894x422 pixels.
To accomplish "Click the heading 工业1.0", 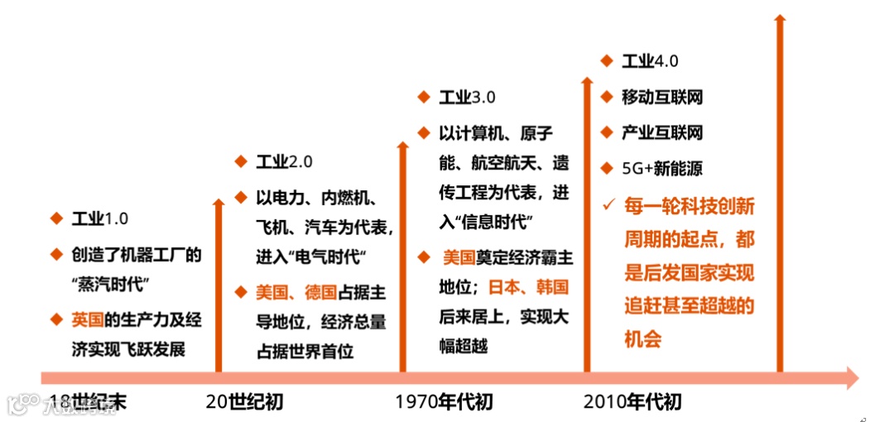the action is coord(99,218).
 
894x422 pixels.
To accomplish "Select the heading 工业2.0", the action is coord(284,161).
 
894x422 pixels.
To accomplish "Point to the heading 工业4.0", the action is coord(650,61).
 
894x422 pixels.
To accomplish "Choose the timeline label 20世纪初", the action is coord(244,402).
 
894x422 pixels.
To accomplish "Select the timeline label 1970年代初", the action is coord(444,402).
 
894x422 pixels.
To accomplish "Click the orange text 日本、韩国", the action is coord(528,287).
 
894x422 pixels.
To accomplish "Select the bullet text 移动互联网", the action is coord(662,97).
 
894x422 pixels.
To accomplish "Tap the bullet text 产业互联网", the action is coord(662,132).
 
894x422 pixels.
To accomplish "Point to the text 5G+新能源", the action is coord(662,169).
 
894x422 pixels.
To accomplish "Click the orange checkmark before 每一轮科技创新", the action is coord(608,204).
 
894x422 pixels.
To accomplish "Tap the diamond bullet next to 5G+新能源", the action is coord(607,168).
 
